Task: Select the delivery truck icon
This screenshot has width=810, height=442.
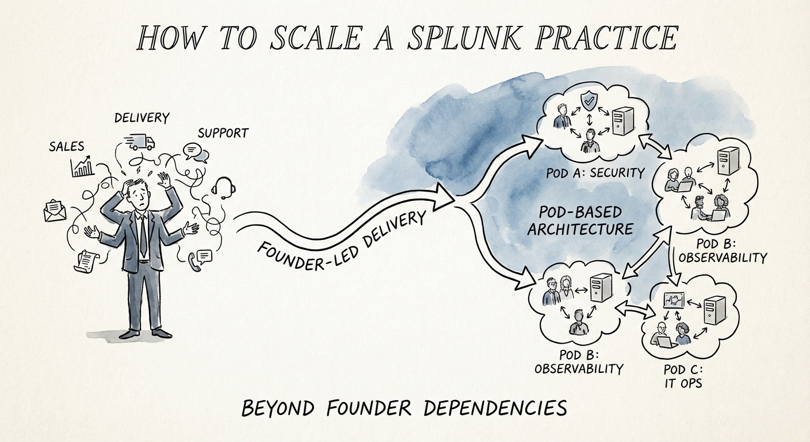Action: (x=140, y=141)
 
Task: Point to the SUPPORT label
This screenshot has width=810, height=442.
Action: (x=223, y=133)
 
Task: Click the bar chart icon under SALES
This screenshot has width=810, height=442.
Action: (x=83, y=166)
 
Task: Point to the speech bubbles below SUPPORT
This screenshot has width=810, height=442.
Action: (x=195, y=152)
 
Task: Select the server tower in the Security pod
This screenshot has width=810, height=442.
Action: (x=622, y=120)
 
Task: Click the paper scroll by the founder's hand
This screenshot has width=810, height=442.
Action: (x=84, y=261)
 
